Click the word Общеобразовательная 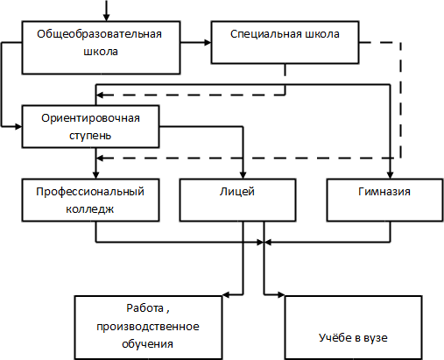point(99,34)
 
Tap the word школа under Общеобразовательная point(101,52)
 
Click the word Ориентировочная point(90,118)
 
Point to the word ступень point(90,136)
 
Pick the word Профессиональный point(90,192)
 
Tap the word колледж point(90,209)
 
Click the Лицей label point(237,192)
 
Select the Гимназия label point(384,192)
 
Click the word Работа point(144,308)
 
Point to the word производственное point(148,327)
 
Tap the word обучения point(147,344)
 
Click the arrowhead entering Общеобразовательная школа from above point(106,18)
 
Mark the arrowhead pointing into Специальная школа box point(208,43)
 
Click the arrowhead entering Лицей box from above point(243,175)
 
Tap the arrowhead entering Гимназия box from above point(390,175)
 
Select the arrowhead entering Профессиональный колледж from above point(95,175)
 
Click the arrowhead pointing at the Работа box point(226,295)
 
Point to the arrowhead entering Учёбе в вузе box point(281,295)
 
